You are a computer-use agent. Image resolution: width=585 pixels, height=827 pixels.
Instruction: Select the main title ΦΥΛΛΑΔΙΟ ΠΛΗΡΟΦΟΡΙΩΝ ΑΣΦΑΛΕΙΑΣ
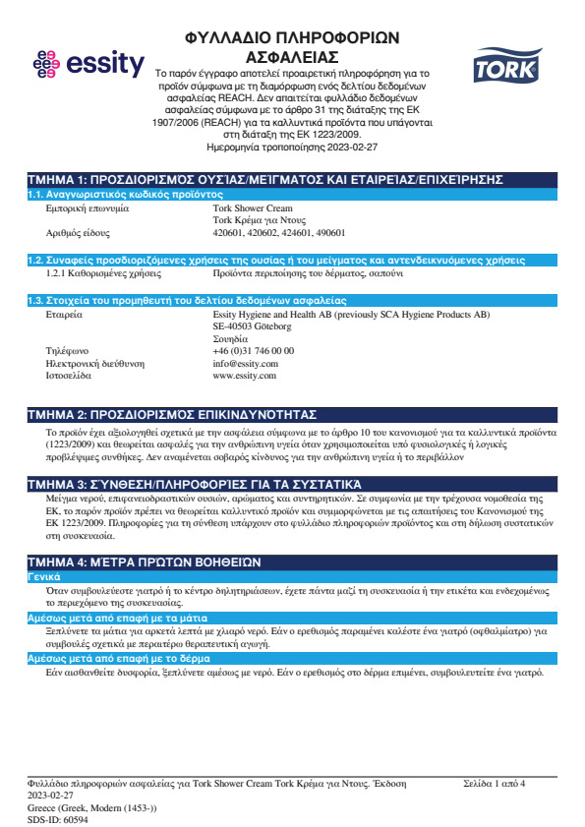pos(291,45)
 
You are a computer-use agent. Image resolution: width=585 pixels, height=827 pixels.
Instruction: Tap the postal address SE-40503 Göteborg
pos(252,325)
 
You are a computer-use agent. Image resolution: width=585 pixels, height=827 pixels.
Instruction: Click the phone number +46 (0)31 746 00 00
pos(253,350)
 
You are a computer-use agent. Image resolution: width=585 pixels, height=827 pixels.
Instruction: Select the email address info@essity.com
pos(245,363)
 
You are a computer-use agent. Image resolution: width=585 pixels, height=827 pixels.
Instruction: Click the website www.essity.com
pos(245,376)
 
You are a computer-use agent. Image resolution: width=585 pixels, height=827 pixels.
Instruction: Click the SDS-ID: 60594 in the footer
pos(58,818)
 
